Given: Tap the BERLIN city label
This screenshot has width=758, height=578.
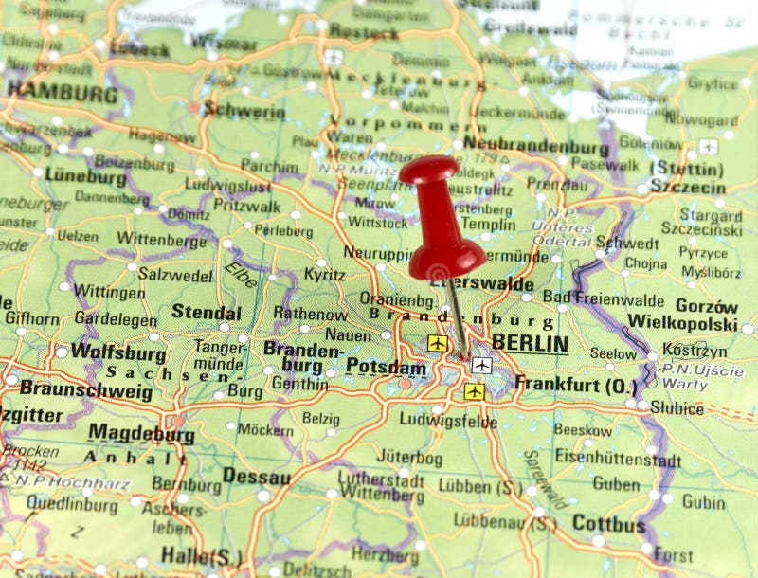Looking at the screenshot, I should pyautogui.click(x=530, y=344).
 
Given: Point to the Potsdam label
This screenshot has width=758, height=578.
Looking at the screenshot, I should pyautogui.click(x=386, y=367).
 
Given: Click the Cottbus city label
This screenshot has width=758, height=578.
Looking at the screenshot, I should pyautogui.click(x=608, y=523).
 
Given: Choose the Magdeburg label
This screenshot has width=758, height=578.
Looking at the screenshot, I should pyautogui.click(x=141, y=434).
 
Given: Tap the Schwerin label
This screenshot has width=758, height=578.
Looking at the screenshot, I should pyautogui.click(x=244, y=112).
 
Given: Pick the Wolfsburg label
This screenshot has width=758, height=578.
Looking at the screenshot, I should pyautogui.click(x=118, y=352).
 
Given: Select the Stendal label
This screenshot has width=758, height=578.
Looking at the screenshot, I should pyautogui.click(x=206, y=312).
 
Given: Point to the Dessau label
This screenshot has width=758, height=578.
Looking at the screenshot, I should pyautogui.click(x=256, y=476).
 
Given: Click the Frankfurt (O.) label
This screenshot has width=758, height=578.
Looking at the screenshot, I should pyautogui.click(x=575, y=385).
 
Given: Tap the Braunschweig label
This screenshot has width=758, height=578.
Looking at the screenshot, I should pyautogui.click(x=86, y=389).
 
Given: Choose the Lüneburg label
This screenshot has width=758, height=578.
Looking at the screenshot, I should pyautogui.click(x=85, y=177).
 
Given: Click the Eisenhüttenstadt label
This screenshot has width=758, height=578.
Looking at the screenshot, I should pyautogui.click(x=618, y=459).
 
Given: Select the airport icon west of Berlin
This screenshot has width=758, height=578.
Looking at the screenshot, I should pyautogui.click(x=437, y=343).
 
